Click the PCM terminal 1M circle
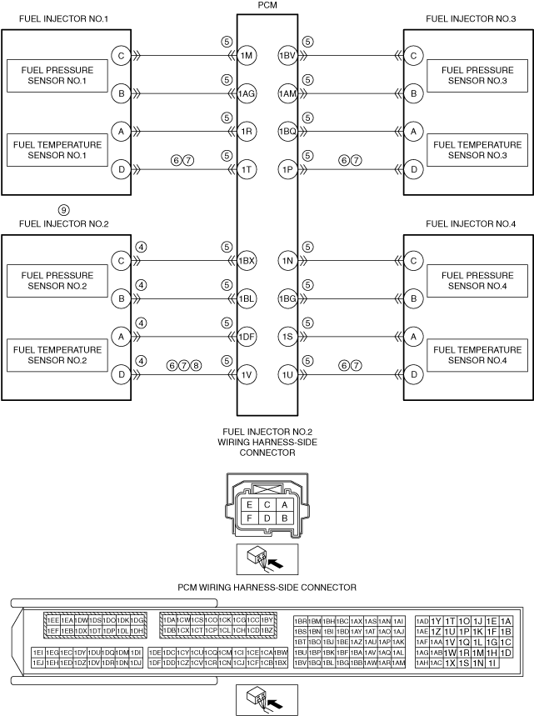[x=247, y=56]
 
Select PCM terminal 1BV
[x=288, y=56]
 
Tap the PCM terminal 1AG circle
[x=247, y=94]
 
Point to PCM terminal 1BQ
[x=288, y=132]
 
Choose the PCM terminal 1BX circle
[x=247, y=261]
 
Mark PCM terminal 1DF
[x=247, y=337]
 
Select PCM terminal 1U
[x=288, y=375]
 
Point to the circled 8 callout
[x=197, y=364]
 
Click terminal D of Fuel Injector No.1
[x=122, y=170]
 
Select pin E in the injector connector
[x=247, y=504]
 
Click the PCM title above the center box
[x=267, y=7]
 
